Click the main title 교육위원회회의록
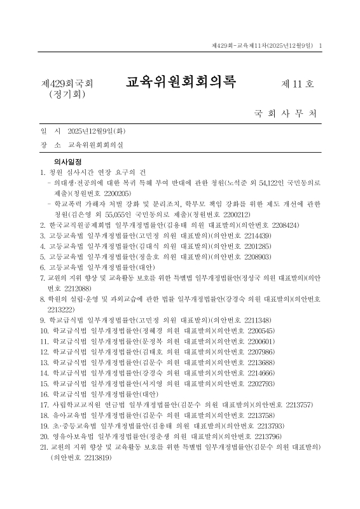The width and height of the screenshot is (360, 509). pos(181,83)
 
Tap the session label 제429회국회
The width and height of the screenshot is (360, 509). pos(67,84)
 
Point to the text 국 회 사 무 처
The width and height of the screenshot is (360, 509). pos(286,115)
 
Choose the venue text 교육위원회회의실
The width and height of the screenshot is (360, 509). pos(96,145)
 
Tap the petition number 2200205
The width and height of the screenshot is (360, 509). pos(115,193)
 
